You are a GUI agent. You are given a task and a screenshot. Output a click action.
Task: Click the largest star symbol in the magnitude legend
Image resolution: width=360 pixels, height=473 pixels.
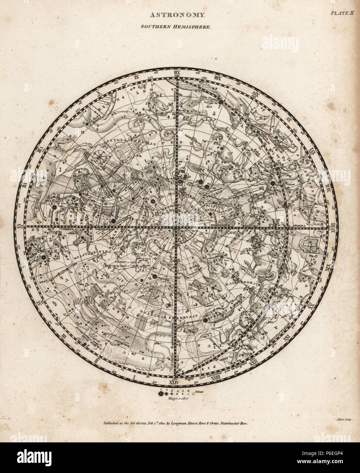160,394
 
